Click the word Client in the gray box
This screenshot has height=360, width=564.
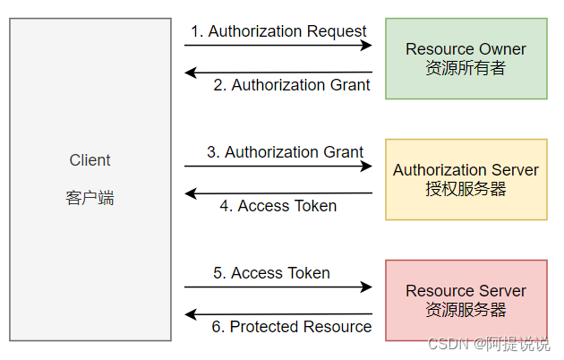click(x=90, y=160)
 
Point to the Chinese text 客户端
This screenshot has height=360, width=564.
click(x=90, y=198)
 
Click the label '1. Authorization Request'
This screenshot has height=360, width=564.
click(x=278, y=31)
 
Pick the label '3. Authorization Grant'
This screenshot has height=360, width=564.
click(x=285, y=152)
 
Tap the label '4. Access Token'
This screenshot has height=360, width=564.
click(x=278, y=206)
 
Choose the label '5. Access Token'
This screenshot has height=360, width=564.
click(x=271, y=273)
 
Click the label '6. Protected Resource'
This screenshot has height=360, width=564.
click(x=291, y=327)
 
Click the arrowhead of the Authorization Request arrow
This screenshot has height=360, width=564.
click(x=367, y=45)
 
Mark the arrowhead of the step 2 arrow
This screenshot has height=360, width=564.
click(x=190, y=73)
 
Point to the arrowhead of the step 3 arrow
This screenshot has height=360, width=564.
click(x=367, y=166)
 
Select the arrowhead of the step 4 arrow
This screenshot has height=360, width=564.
click(x=190, y=193)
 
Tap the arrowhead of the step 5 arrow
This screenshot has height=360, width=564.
click(x=367, y=287)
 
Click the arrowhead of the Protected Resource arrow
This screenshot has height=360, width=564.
click(x=190, y=314)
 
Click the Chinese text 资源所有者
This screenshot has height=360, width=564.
click(x=466, y=68)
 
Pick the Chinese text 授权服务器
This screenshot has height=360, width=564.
click(x=466, y=189)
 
